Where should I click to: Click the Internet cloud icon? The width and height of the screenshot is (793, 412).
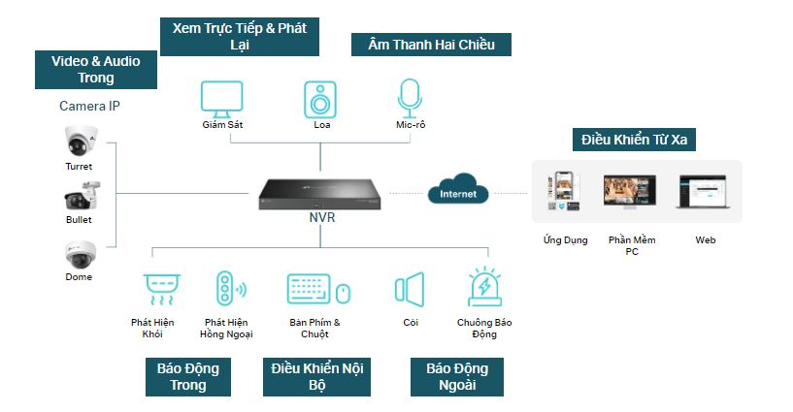click(458, 189)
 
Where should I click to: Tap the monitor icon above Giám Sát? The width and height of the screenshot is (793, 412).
click(222, 99)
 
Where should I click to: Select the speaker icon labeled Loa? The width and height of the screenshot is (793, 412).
click(321, 99)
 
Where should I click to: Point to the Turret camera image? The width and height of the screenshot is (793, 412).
click(79, 142)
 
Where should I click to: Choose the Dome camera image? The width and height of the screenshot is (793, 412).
click(79, 254)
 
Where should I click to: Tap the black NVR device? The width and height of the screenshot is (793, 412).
click(321, 193)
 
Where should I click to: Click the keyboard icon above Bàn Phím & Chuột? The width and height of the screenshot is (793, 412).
click(310, 289)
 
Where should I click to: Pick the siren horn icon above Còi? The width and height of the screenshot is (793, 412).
click(410, 289)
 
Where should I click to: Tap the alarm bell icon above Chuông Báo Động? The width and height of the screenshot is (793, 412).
click(484, 288)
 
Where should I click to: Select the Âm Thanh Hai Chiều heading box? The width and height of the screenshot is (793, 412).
click(431, 44)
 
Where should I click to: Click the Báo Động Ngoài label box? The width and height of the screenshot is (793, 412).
click(457, 376)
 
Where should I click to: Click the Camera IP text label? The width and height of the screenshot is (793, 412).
click(89, 105)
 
